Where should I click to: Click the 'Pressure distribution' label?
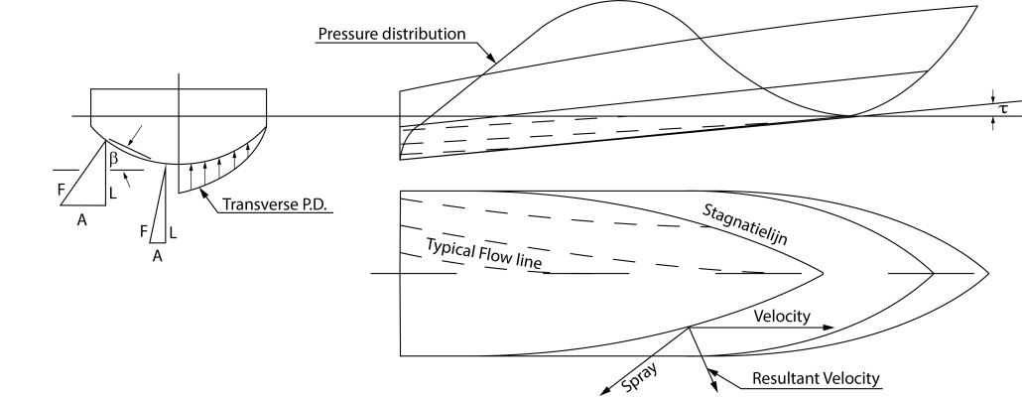[x=392, y=34]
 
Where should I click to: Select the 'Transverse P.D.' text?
[x=274, y=204]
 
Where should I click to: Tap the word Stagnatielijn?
[x=745, y=224]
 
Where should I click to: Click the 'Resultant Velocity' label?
[x=816, y=378]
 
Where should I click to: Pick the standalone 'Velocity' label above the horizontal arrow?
[x=782, y=317]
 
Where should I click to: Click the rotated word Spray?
[x=639, y=377]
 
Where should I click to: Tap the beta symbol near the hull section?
[x=114, y=158]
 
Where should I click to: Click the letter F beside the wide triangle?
[x=61, y=190]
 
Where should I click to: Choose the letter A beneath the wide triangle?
[x=82, y=220]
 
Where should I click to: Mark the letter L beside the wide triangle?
[x=113, y=194]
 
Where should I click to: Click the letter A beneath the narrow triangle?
[x=157, y=257]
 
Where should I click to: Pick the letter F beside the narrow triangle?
[x=144, y=231]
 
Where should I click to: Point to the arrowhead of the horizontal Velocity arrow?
[x=830, y=328]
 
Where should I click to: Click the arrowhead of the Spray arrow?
[x=605, y=390]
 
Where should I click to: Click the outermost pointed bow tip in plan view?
[x=988, y=273]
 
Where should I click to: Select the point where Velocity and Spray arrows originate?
[x=689, y=328]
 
